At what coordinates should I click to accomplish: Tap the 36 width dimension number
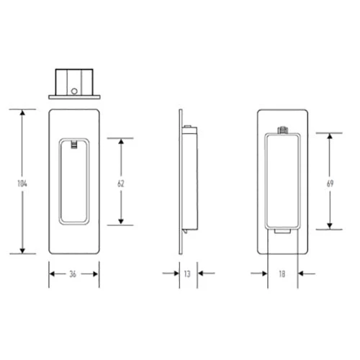click(x=74, y=274)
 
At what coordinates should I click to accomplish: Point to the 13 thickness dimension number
click(x=187, y=274)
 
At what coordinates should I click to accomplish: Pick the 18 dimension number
click(x=282, y=274)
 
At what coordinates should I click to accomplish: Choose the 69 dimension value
click(x=330, y=183)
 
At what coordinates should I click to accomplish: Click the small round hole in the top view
click(x=75, y=91)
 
